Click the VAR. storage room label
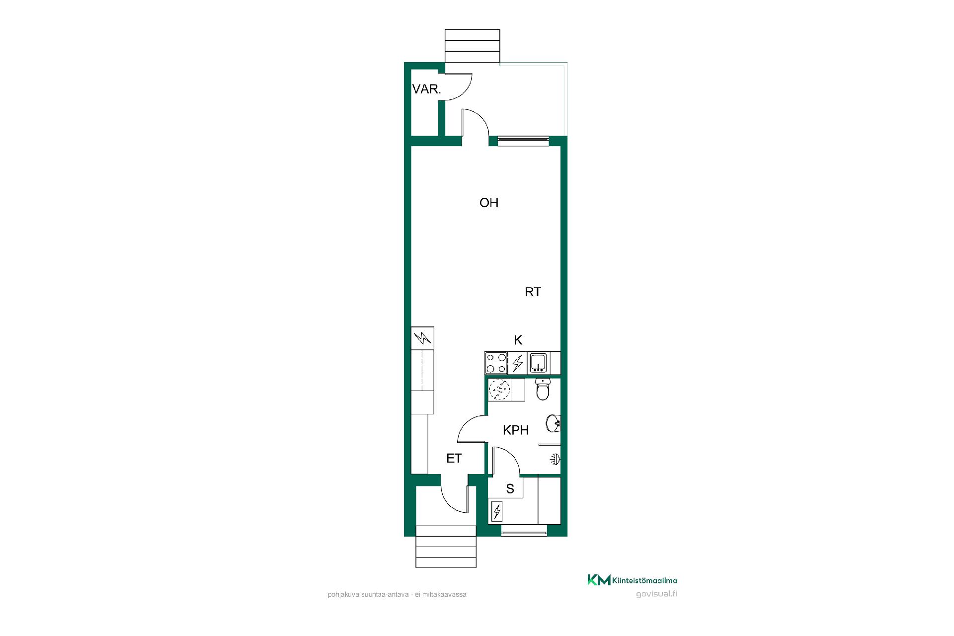coord(426,89)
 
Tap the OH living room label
coord(489,203)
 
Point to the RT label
coord(533,292)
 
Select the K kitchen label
coord(518,340)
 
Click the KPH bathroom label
coord(516,430)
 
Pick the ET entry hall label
coord(454,458)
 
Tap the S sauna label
coord(510,489)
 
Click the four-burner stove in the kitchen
coord(496,363)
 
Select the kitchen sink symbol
coord(538,363)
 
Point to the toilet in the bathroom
coord(543,390)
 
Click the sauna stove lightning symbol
coord(496,511)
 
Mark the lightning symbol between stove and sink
coord(517,363)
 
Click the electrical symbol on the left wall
coord(423,338)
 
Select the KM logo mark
coord(599,580)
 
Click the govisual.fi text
coord(656,594)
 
